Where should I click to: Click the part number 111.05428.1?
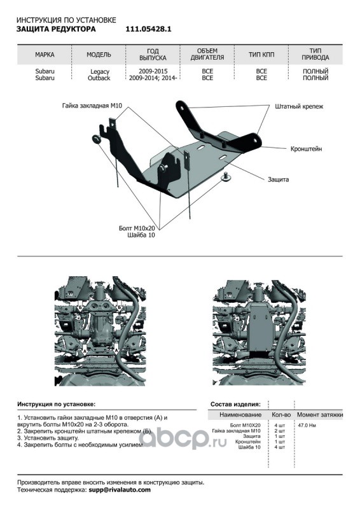pyautogui.click(x=148, y=29)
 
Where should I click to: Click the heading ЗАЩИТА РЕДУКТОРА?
pyautogui.click(x=56, y=29)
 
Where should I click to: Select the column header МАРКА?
pyautogui.click(x=45, y=55)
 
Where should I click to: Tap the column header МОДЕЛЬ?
pyautogui.click(x=99, y=55)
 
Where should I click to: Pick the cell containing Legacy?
pyautogui.click(x=100, y=71)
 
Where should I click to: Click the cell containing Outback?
pyautogui.click(x=99, y=78)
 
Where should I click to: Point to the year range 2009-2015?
pyautogui.click(x=153, y=71)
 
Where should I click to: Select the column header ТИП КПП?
pyautogui.click(x=261, y=55)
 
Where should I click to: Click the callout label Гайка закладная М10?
pyautogui.click(x=92, y=106)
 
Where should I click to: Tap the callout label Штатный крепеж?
pyautogui.click(x=299, y=106)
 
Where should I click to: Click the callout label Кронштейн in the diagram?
pyautogui.click(x=306, y=149)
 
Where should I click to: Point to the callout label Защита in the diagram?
pyautogui.click(x=278, y=179)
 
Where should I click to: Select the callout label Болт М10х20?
pyautogui.click(x=137, y=228)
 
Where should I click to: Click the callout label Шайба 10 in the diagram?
pyautogui.click(x=142, y=235)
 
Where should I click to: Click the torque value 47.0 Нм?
pyautogui.click(x=307, y=425)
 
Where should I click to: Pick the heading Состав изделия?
pyautogui.click(x=235, y=405)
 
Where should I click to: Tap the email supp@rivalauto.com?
pyautogui.click(x=120, y=490)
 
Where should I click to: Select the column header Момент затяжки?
pyautogui.click(x=320, y=415)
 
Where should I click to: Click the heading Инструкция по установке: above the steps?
pyautogui.click(x=57, y=405)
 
